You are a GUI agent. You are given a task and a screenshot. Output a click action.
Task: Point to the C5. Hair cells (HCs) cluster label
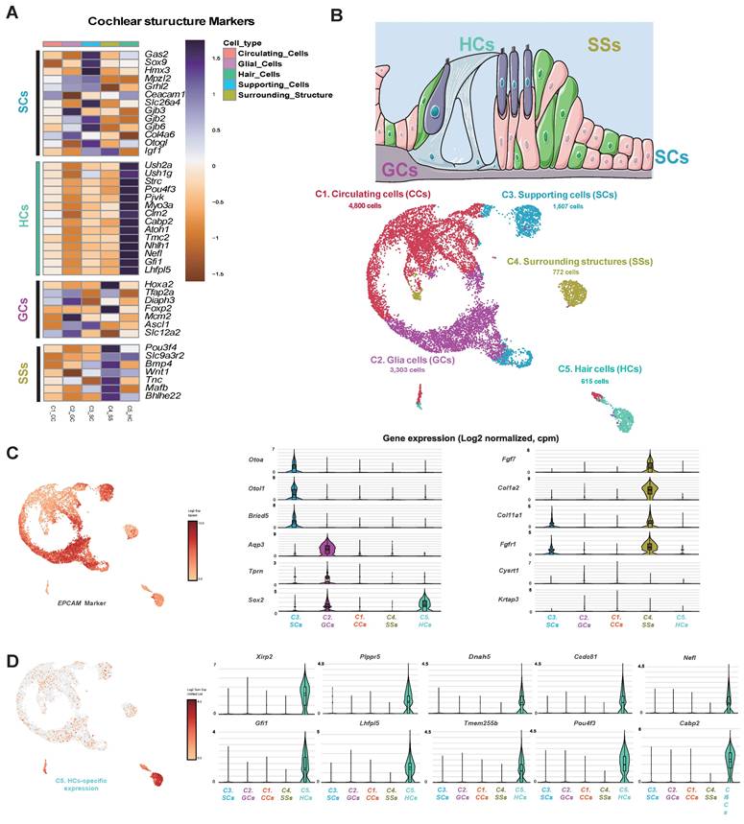pyautogui.click(x=601, y=369)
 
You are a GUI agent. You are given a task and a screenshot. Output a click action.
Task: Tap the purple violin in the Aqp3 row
pyautogui.click(x=328, y=549)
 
